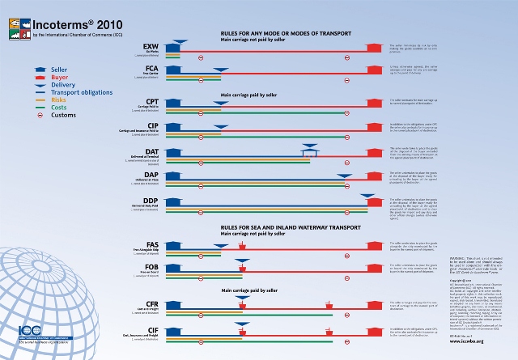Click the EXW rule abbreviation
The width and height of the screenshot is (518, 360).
151,47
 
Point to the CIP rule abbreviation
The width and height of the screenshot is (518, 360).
151,125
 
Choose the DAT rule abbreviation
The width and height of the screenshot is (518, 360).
151,151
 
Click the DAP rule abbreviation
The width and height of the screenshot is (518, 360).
151,174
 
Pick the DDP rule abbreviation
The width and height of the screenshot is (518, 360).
151,199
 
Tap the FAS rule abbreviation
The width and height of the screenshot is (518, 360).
151,244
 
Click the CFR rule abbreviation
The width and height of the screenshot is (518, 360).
151,303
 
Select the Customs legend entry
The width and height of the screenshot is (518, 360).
64,115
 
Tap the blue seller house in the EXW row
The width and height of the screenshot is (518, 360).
172,49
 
